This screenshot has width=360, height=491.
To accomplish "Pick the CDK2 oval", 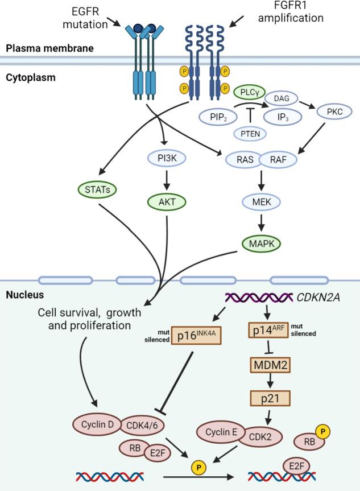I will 267,438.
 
